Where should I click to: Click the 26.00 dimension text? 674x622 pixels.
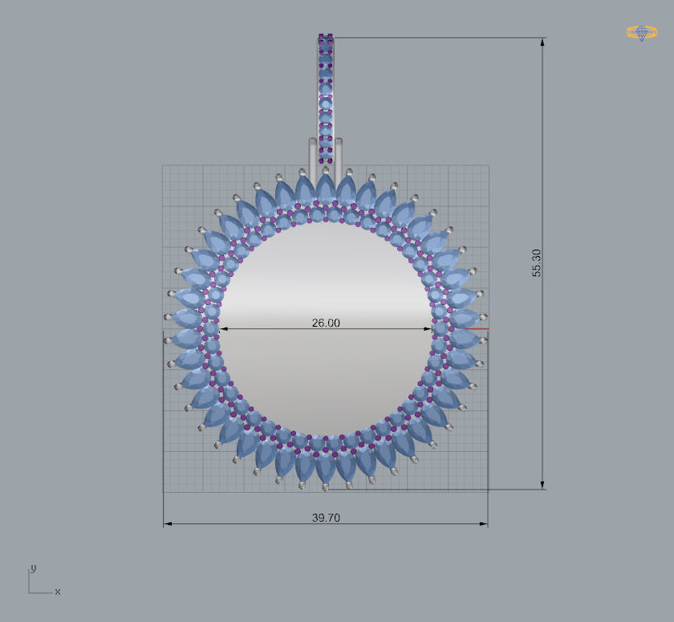click(x=326, y=323)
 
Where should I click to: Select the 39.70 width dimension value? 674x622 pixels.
click(x=326, y=518)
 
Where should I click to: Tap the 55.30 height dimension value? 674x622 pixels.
click(x=537, y=263)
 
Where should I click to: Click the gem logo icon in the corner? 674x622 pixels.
click(x=641, y=33)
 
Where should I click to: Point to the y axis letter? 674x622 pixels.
click(x=33, y=567)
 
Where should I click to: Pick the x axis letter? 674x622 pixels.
click(x=58, y=592)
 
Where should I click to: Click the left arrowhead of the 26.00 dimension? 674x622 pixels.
click(x=223, y=328)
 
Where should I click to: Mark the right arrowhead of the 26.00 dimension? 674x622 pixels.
click(x=428, y=328)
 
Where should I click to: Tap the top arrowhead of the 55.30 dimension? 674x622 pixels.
click(x=542, y=43)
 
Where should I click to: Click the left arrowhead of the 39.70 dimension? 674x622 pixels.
click(x=168, y=524)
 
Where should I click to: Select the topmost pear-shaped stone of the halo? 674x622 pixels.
click(x=326, y=189)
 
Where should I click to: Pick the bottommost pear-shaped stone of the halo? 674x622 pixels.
click(x=326, y=467)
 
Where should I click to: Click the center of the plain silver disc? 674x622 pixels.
click(x=326, y=328)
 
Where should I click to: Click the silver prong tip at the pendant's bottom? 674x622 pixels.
click(x=326, y=487)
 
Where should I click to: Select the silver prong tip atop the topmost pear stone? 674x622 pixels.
click(x=326, y=170)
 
